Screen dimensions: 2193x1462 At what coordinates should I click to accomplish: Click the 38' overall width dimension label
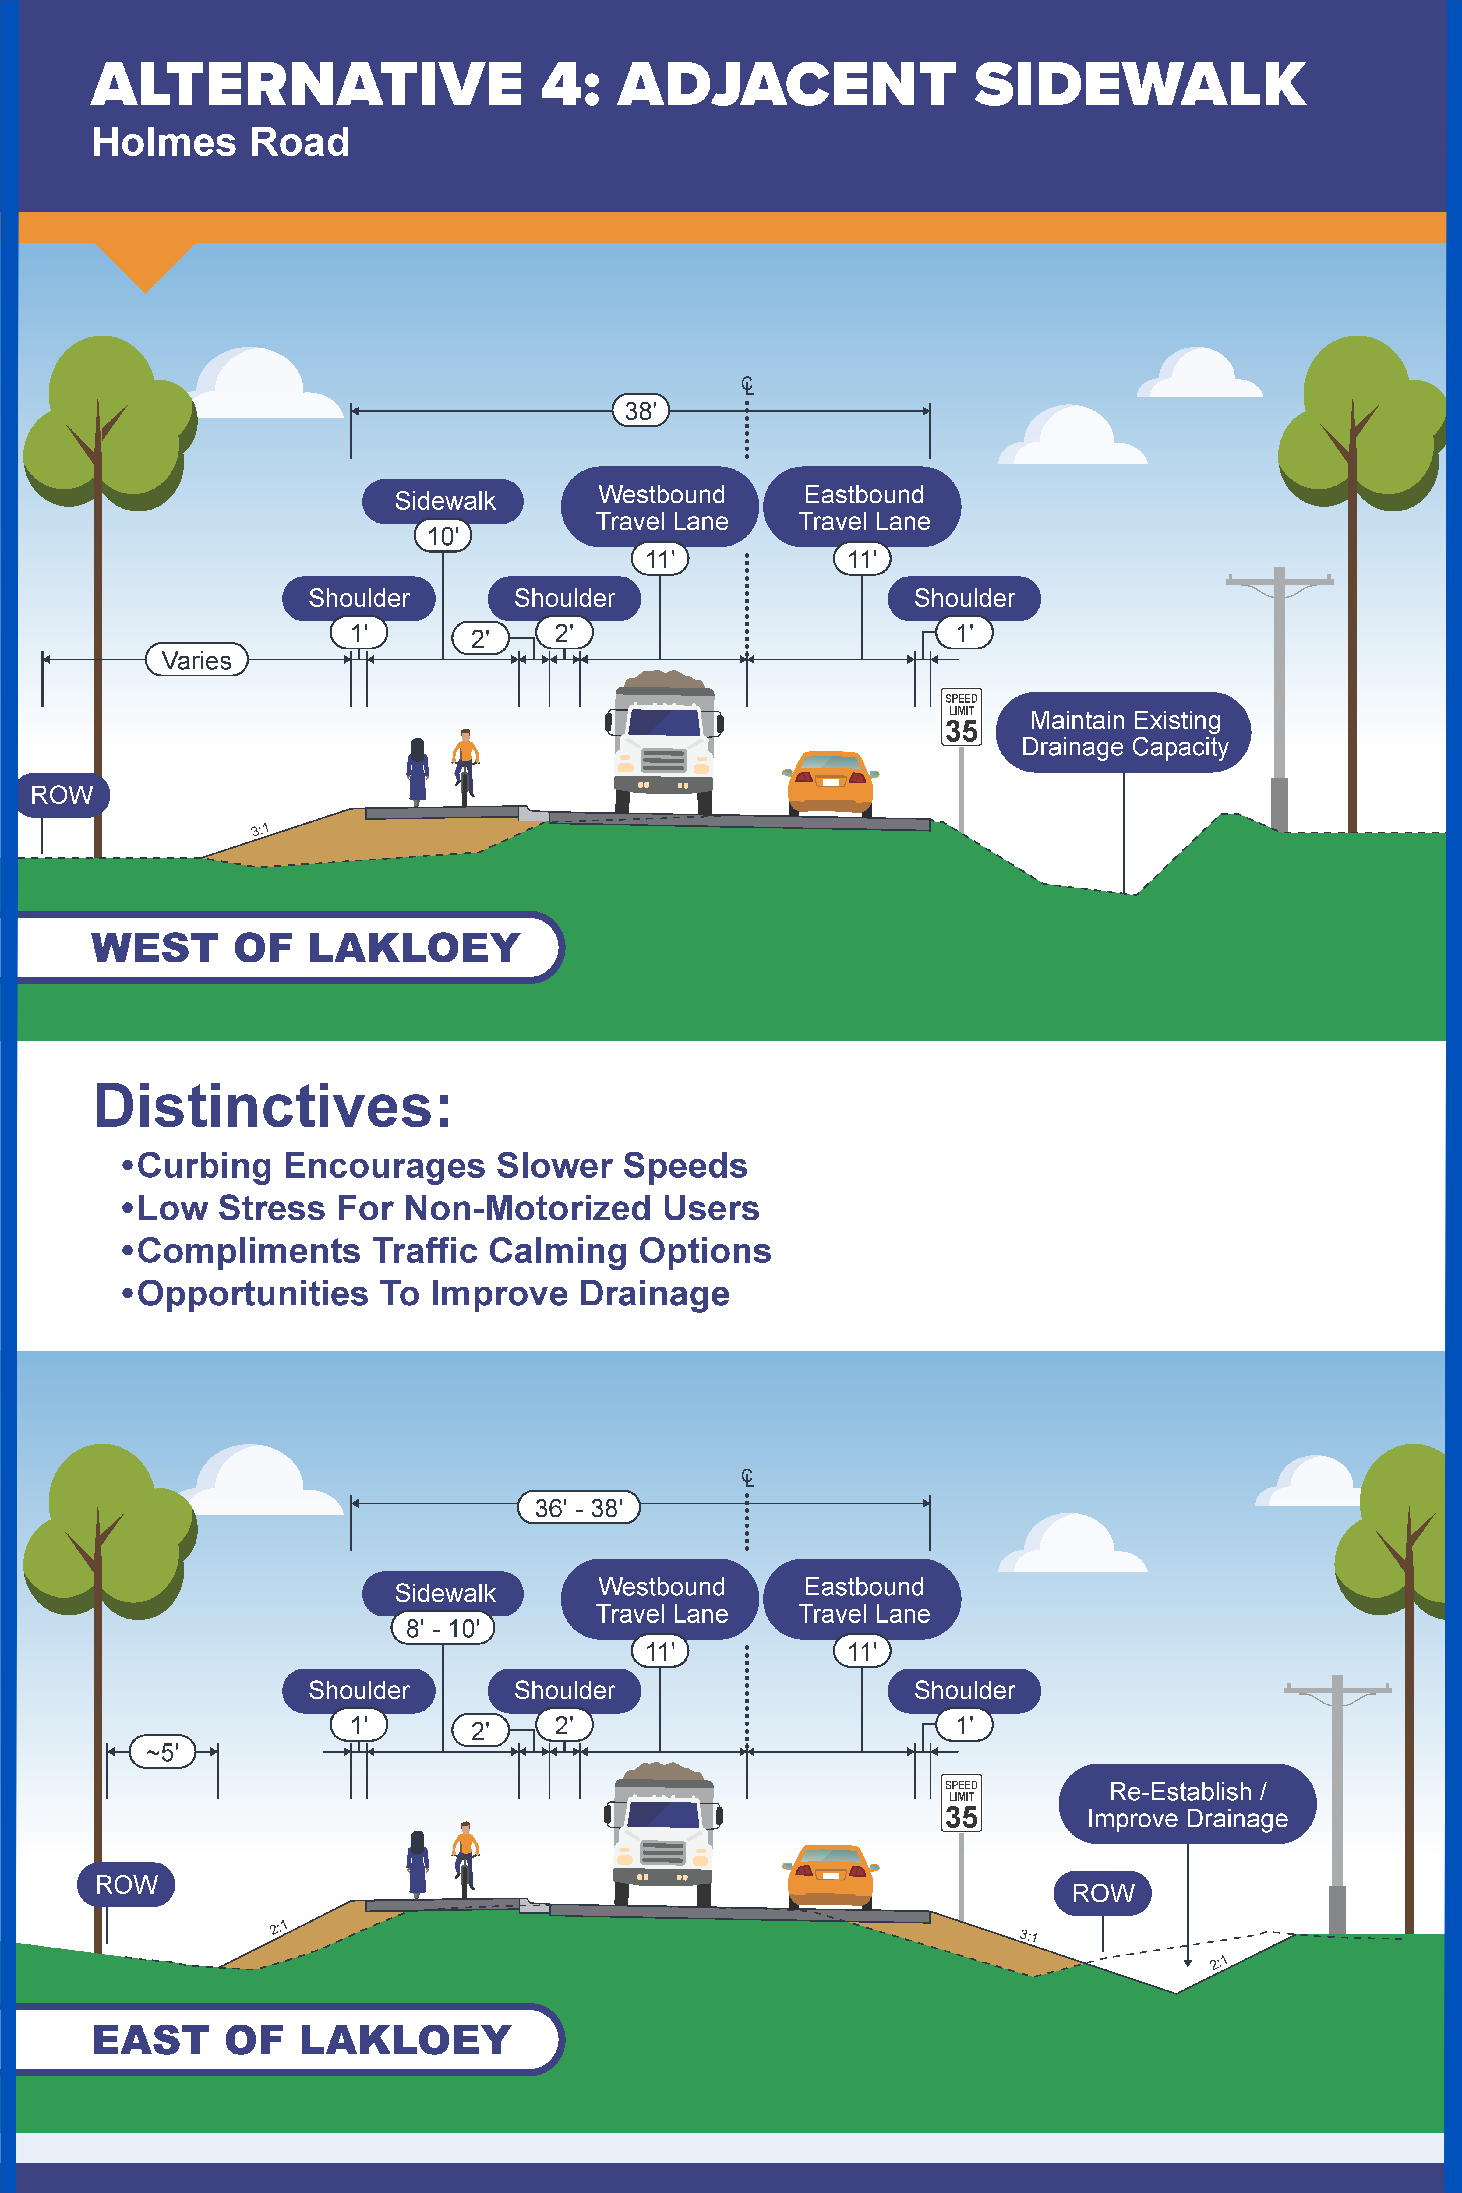tap(641, 410)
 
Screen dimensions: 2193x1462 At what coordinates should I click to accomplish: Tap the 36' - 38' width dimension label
tap(578, 1508)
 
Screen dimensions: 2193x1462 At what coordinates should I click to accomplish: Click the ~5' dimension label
tap(162, 1752)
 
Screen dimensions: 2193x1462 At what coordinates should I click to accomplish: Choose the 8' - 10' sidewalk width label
tap(443, 1628)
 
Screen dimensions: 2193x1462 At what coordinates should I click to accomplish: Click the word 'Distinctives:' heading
tap(273, 1107)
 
